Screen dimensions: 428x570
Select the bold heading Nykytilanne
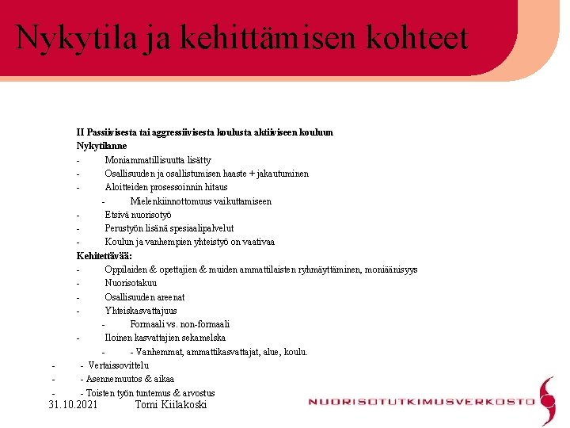tap(101, 146)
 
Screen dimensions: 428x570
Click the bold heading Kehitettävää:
tap(104, 255)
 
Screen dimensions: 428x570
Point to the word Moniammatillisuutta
tap(146, 159)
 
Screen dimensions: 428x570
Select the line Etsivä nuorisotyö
tap(138, 215)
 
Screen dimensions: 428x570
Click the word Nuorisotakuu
tap(131, 283)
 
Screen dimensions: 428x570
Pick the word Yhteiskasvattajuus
tap(141, 311)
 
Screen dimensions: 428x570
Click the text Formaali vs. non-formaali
tap(180, 324)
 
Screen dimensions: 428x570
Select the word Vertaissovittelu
tap(119, 365)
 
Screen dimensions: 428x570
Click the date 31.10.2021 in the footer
tap(74, 405)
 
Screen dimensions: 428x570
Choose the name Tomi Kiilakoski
tap(171, 405)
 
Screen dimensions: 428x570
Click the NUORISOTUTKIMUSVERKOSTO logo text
tap(421, 402)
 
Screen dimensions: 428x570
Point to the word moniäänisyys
tap(390, 269)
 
